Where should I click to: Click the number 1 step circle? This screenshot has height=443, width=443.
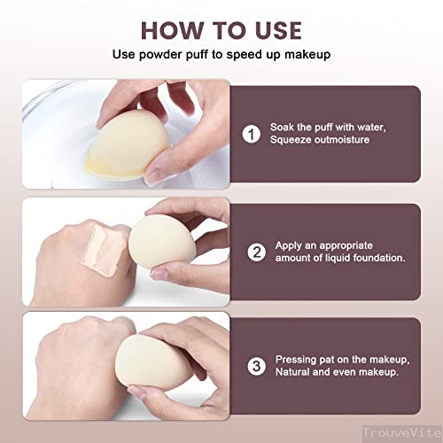tap(252, 134)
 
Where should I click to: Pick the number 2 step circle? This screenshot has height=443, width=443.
tap(257, 253)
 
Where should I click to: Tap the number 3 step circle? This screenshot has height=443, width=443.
tap(257, 366)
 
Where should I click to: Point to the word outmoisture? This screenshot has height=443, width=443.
tap(342, 139)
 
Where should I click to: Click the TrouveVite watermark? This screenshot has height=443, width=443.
tap(402, 433)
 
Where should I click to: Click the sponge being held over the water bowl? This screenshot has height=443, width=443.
tap(128, 145)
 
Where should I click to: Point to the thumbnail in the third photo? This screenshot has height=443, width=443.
tap(136, 392)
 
